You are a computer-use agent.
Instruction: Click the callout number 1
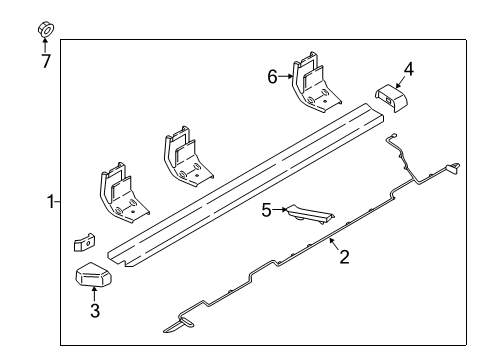(49, 203)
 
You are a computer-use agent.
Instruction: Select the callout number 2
(343, 258)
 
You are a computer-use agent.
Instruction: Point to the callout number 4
(407, 69)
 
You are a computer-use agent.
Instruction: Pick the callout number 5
(267, 210)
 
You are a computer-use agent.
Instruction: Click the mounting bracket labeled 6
(312, 85)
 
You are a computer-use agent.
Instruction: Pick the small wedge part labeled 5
(311, 215)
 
